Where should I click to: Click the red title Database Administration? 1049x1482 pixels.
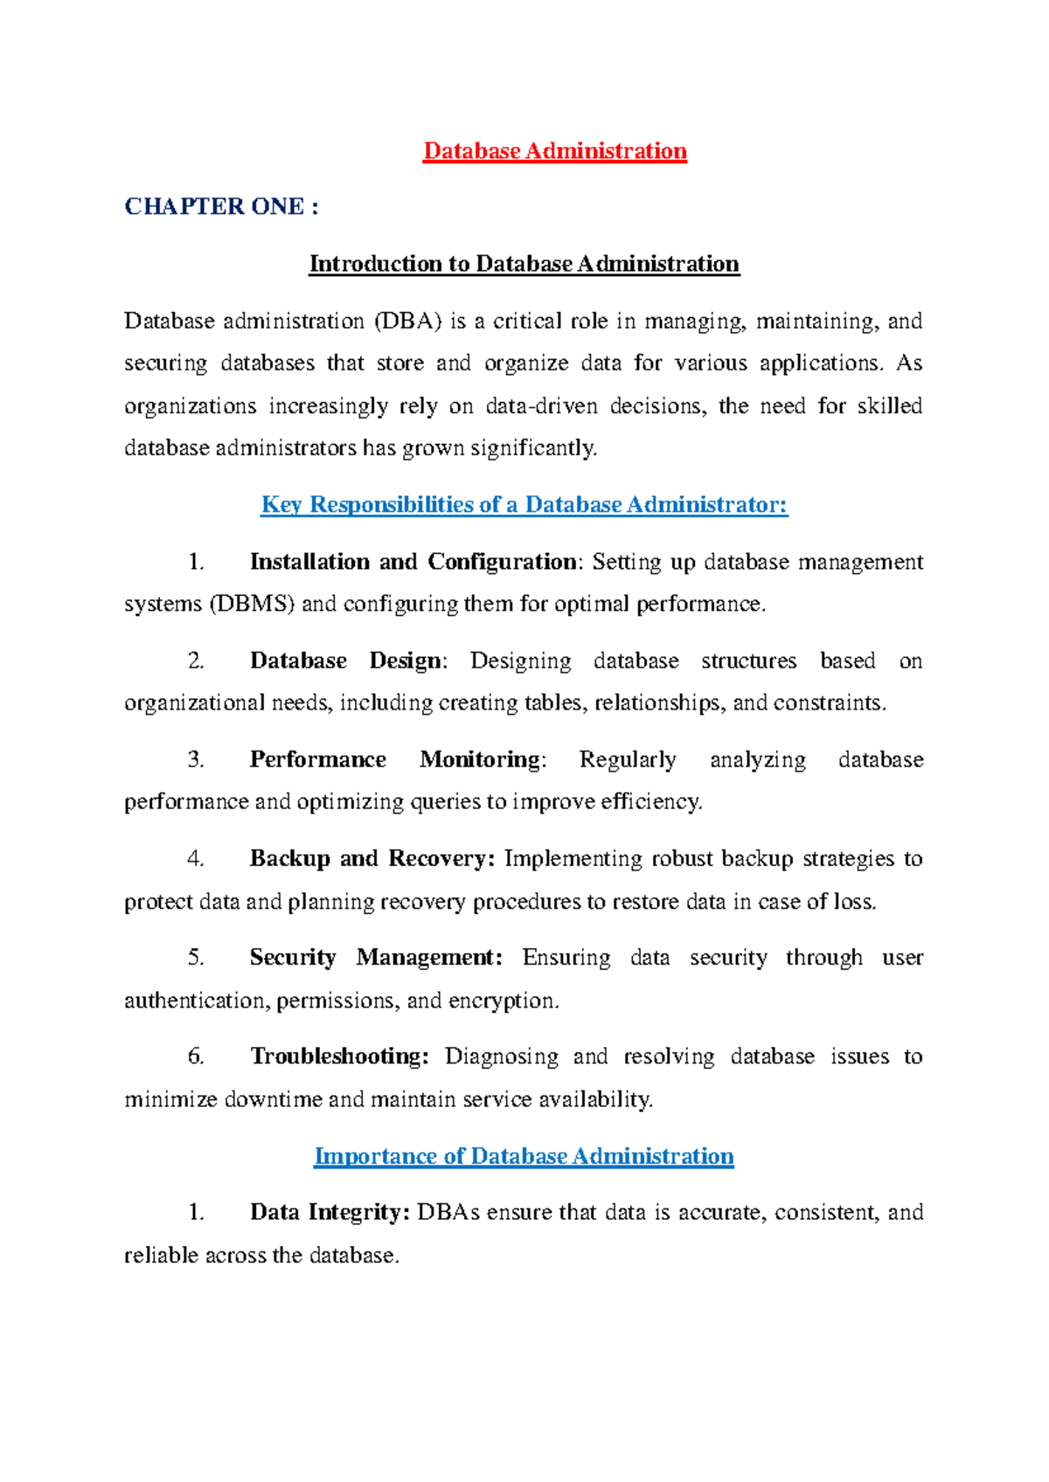(554, 151)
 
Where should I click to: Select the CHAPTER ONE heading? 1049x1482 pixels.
(221, 206)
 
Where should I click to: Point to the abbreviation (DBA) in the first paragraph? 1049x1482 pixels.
(407, 321)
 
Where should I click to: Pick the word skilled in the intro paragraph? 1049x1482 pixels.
(889, 405)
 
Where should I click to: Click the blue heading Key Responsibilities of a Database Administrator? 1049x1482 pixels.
(524, 504)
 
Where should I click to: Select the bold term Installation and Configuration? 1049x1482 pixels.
(413, 561)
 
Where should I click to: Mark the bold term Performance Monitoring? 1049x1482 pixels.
(395, 759)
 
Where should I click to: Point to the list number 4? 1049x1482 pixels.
(195, 858)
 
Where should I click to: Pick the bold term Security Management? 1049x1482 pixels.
(376, 957)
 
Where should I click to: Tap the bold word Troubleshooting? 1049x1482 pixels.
(339, 1056)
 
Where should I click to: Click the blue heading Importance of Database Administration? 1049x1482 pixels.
(524, 1156)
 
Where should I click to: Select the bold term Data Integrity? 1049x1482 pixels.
(330, 1212)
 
